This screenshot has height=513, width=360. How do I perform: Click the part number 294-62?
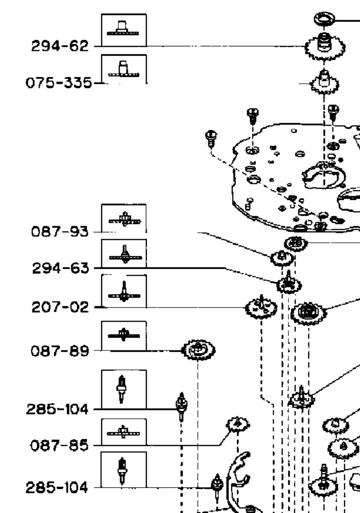point(60,46)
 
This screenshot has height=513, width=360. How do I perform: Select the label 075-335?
point(59,83)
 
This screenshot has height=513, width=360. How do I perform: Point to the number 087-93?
point(60,232)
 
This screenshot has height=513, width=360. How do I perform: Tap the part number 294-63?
point(60,268)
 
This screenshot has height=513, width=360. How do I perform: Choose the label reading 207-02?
point(60,307)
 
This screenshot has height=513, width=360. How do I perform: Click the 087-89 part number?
point(60,351)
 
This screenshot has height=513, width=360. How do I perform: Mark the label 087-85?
point(59,445)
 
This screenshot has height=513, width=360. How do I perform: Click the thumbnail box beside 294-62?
point(124,30)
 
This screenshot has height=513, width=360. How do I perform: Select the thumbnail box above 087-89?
point(124,336)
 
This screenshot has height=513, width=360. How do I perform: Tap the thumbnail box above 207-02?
point(124,291)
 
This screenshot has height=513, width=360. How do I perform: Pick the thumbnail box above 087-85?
point(124,432)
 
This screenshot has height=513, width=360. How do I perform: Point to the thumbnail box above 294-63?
point(124,254)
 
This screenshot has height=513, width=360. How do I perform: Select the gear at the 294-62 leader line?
point(324,46)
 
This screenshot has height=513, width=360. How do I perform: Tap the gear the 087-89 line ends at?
point(198,350)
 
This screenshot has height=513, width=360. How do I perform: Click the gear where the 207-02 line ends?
point(261,307)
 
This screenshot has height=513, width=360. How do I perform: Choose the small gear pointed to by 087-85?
point(238,425)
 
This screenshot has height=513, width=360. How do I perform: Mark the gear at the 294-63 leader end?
point(289,284)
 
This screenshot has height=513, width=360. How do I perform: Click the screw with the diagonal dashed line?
point(211,138)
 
